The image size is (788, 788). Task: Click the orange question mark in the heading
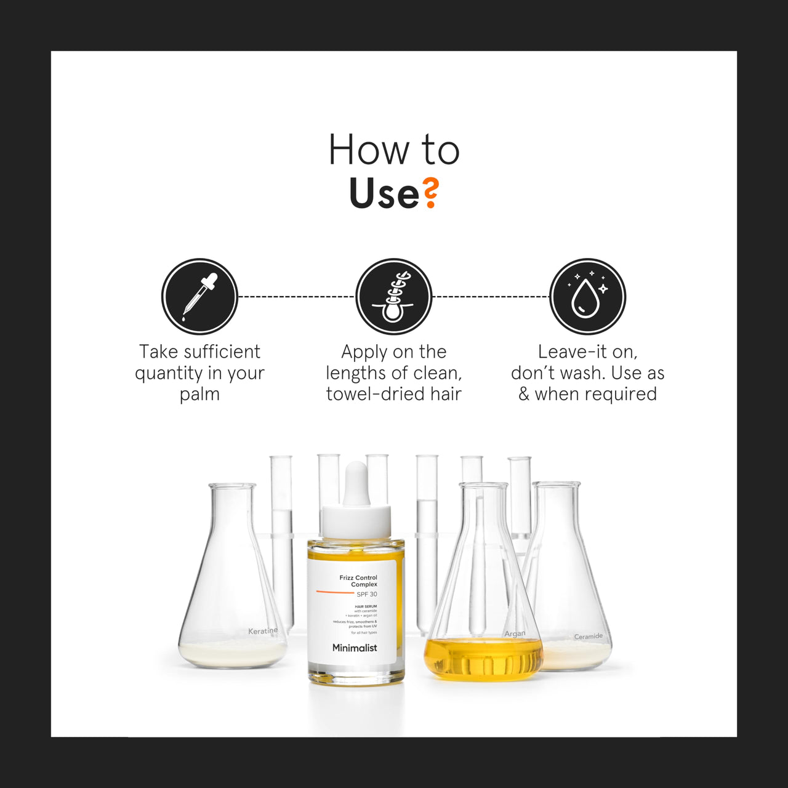click(431, 193)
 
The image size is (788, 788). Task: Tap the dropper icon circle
click(199, 296)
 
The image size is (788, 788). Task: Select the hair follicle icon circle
click(394, 296)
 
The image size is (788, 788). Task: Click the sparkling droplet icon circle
click(587, 296)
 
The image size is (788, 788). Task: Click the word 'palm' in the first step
click(199, 395)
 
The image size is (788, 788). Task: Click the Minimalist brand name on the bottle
click(355, 648)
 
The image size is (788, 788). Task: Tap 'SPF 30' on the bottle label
click(367, 594)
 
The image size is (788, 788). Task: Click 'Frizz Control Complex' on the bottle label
click(359, 581)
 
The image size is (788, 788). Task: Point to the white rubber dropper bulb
click(356, 484)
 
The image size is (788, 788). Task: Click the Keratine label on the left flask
click(263, 631)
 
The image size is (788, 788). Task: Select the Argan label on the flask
click(515, 633)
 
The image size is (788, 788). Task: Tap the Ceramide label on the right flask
click(588, 637)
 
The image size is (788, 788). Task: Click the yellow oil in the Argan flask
click(484, 660)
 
